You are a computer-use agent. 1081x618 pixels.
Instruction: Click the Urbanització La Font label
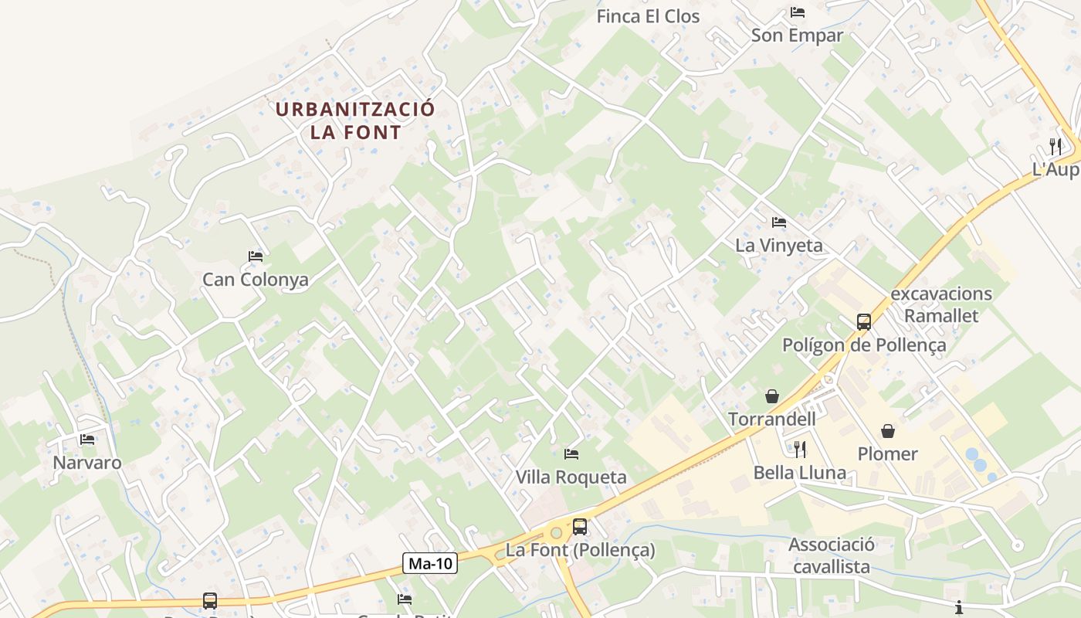tap(355, 121)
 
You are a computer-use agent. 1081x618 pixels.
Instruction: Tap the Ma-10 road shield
tap(430, 563)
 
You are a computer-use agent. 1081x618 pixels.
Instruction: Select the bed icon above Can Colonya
tap(256, 256)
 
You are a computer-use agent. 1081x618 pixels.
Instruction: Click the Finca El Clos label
tap(648, 16)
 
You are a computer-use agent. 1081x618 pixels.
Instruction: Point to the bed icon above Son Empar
tap(798, 12)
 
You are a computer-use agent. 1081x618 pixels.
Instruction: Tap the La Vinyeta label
tap(779, 246)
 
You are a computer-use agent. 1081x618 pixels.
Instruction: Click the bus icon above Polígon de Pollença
tap(864, 321)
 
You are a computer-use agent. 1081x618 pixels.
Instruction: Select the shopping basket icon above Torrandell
tap(772, 396)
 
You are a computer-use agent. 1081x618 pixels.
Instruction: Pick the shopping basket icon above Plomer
tap(888, 430)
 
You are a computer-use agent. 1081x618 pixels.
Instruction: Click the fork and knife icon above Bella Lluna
tap(800, 449)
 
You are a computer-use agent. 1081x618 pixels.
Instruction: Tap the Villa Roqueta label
tap(571, 477)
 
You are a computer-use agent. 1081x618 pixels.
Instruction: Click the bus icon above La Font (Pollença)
tap(580, 527)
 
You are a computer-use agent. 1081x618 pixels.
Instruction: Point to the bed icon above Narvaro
tap(87, 440)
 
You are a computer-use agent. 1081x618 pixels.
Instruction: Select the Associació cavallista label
tap(831, 555)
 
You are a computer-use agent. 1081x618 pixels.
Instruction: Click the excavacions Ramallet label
tap(941, 304)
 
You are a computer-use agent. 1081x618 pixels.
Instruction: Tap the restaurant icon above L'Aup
tap(1056, 145)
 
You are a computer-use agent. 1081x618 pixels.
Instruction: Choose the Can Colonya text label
tap(255, 280)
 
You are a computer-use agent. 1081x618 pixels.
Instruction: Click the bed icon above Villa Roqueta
tap(571, 453)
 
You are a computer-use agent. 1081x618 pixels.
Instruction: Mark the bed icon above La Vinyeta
tap(779, 222)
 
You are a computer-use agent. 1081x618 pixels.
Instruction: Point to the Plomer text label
tap(888, 453)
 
